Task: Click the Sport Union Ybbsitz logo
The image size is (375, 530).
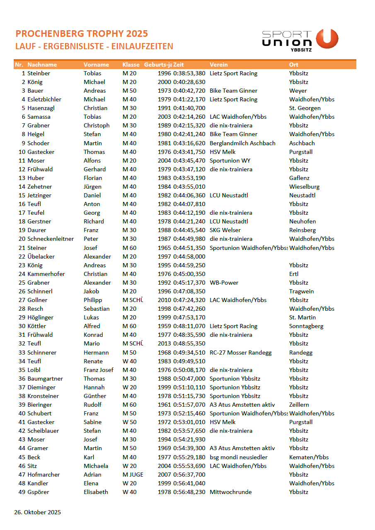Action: point(300,40)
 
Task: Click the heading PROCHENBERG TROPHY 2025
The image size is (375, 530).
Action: point(82,34)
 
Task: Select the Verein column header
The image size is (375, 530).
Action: point(218,65)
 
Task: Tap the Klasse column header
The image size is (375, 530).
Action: point(131,65)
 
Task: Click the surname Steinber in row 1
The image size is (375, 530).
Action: point(39,73)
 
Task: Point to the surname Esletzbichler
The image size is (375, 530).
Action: point(44,99)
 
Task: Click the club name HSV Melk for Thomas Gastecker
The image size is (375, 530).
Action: point(223,152)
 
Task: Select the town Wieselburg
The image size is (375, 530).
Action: point(305,187)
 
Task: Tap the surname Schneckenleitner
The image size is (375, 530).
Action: point(51,239)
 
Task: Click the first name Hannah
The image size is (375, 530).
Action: point(94,387)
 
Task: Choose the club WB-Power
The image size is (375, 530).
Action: point(224,283)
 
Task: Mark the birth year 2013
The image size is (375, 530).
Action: point(165,343)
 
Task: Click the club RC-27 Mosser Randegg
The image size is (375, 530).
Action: point(241,353)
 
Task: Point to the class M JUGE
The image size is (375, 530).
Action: point(133,475)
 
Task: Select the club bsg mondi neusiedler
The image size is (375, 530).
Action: point(239,457)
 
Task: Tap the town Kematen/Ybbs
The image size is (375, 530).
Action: point(309,457)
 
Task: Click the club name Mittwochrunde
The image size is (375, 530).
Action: point(231,492)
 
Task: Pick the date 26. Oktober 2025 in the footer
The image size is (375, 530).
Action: point(38,512)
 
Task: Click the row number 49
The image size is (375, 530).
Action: point(22,492)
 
